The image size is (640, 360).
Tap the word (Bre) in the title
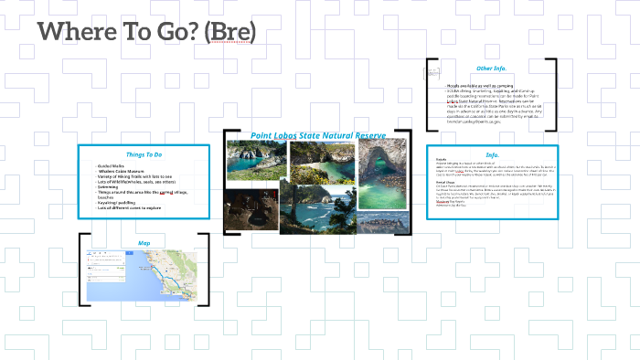tap(229, 32)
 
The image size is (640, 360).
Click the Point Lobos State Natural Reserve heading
tap(318, 135)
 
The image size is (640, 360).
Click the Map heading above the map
tap(144, 243)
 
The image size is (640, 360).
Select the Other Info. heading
tap(491, 69)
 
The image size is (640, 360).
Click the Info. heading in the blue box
tap(491, 154)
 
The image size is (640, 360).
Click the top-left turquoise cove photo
tap(255, 162)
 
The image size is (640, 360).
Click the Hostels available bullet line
tap(475, 85)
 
